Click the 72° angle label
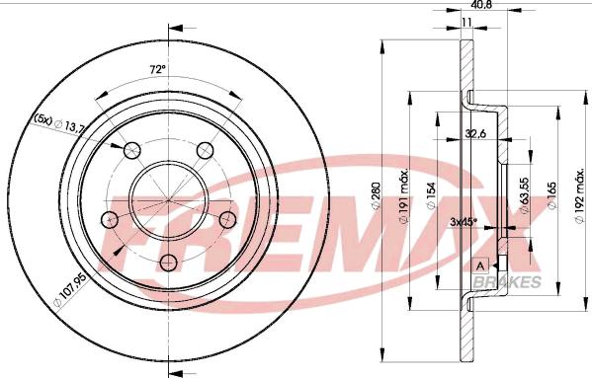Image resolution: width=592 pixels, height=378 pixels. click(x=158, y=70)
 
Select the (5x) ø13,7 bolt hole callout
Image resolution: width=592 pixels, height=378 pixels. click(x=58, y=122)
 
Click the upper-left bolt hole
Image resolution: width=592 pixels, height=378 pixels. click(x=131, y=150)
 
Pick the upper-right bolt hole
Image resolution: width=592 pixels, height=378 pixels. click(x=206, y=150)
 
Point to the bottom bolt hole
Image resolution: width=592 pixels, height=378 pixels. click(x=169, y=263)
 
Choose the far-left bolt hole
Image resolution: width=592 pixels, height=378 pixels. click(x=110, y=219)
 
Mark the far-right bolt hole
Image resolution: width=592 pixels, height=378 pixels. click(x=227, y=219)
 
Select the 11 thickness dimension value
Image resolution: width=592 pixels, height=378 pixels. click(x=466, y=23)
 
